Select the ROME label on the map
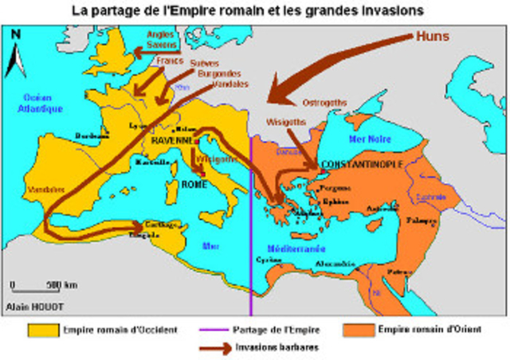pos(195,184)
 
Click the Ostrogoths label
pos(326,103)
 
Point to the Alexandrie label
pos(334,262)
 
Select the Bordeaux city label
pos(92,136)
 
